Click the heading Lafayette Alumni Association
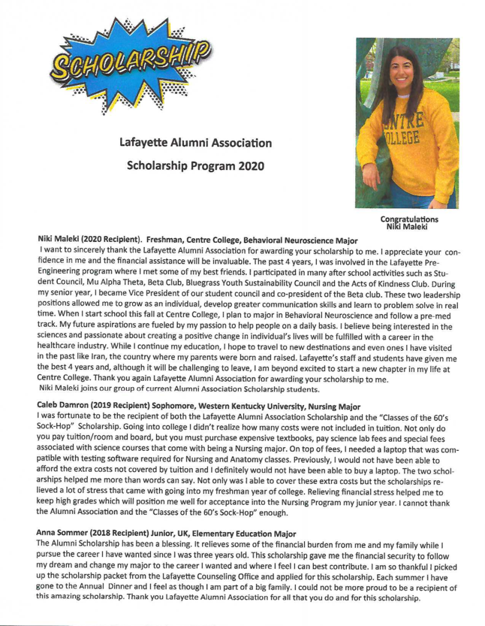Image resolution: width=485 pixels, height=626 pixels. (x=194, y=143)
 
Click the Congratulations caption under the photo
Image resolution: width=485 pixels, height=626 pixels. (x=409, y=219)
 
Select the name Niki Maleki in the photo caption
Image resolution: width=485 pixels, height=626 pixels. (x=409, y=226)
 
